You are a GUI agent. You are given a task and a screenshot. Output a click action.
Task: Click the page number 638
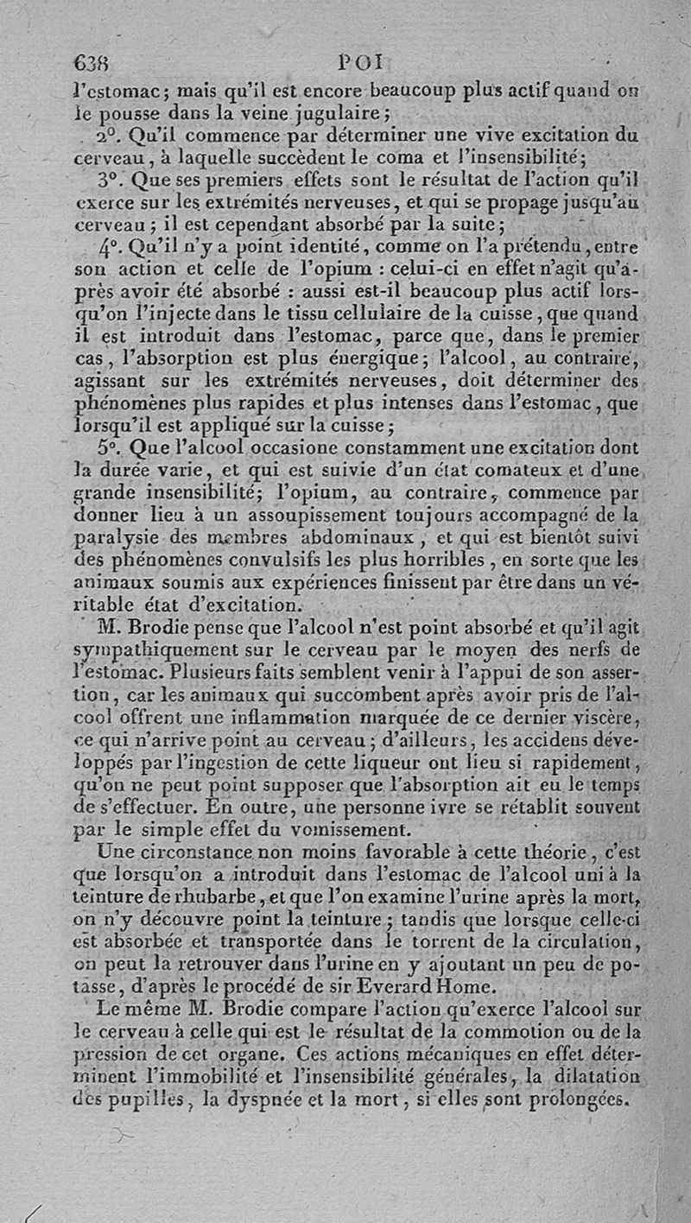pos(92,63)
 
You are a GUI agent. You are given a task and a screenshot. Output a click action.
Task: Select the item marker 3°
pos(112,181)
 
